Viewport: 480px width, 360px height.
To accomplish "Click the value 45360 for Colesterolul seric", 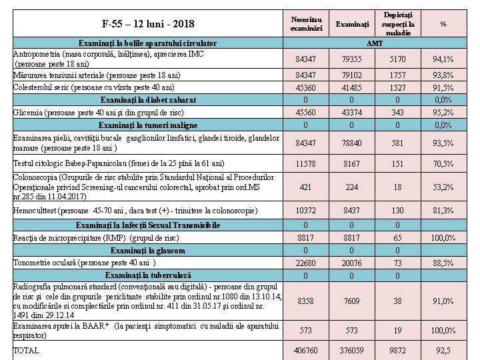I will [x=306, y=87].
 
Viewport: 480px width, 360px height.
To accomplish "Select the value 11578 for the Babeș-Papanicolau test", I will [x=306, y=163].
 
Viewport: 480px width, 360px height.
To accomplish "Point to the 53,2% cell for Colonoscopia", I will [x=443, y=187].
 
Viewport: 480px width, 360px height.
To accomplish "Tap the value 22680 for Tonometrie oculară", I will [x=306, y=263].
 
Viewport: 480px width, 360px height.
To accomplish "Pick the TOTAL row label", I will [x=27, y=350].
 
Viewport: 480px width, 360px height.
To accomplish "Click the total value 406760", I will [x=306, y=350].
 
